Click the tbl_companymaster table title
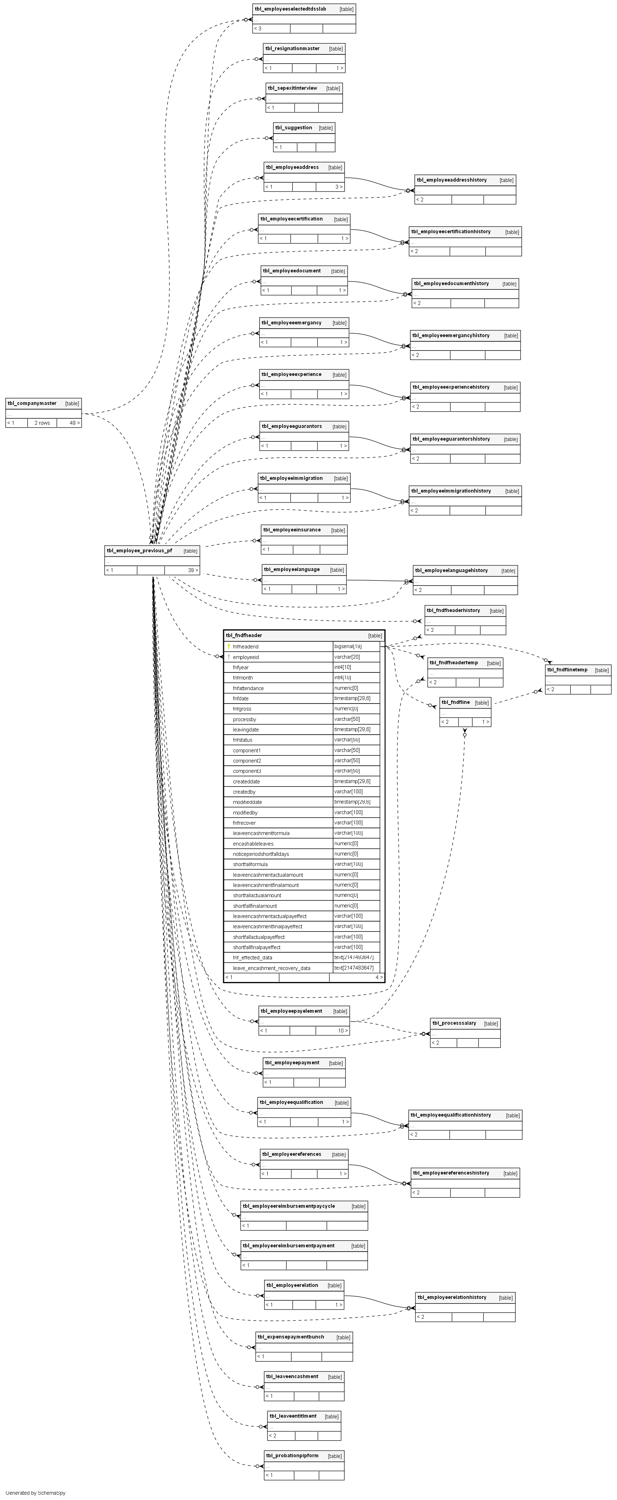pyautogui.click(x=32, y=403)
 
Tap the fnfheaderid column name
pyautogui.click(x=246, y=646)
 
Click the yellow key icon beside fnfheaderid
pyautogui.click(x=229, y=646)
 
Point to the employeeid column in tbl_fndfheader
pyautogui.click(x=246, y=657)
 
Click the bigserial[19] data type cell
pyautogui.click(x=348, y=646)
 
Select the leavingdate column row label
pyautogui.click(x=246, y=730)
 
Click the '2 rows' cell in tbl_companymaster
pyautogui.click(x=42, y=423)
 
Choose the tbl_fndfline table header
pyautogui.click(x=455, y=702)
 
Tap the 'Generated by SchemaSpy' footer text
pyautogui.click(x=36, y=1493)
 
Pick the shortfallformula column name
pyautogui.click(x=250, y=864)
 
